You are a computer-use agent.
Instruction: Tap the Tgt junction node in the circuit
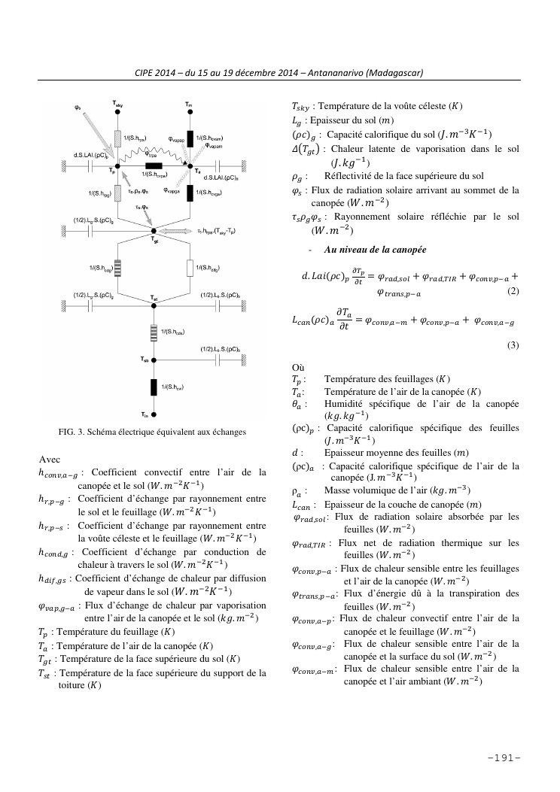pos(153,230)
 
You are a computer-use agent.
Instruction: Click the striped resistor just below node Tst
pos(153,332)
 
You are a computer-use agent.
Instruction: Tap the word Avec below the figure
pos(49,458)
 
